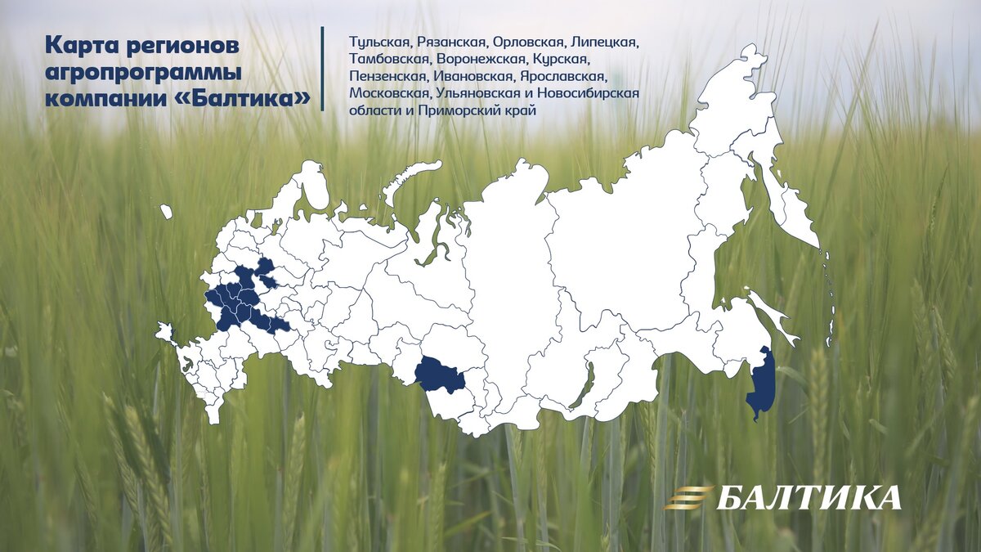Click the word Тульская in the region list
[x=379, y=42]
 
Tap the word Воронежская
[x=481, y=59]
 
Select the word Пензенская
[x=386, y=76]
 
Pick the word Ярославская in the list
[x=562, y=76]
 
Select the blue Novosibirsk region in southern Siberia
[x=438, y=375]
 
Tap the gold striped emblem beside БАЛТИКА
[x=688, y=497]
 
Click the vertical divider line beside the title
[x=323, y=69]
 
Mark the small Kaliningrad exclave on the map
[x=167, y=212]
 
